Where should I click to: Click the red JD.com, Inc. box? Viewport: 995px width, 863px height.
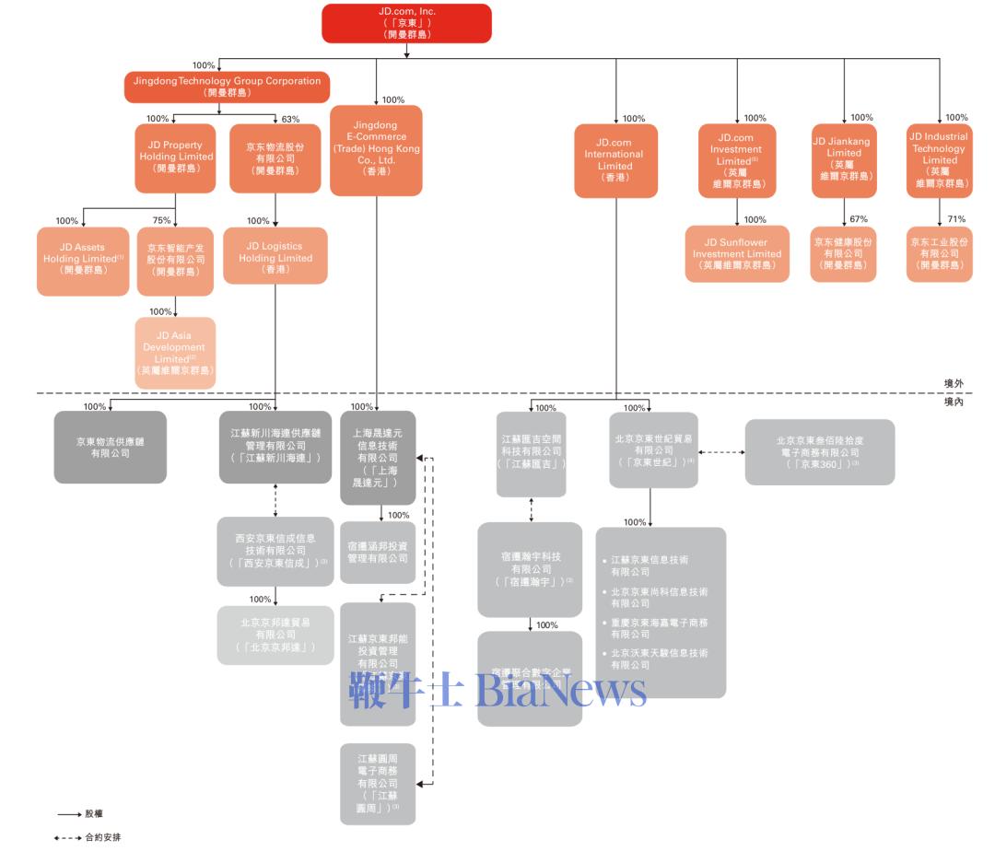click(x=406, y=23)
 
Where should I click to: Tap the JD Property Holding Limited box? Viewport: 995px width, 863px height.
click(x=175, y=158)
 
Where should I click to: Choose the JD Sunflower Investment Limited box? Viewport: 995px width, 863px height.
click(x=736, y=253)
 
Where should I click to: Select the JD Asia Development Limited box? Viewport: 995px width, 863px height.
click(x=174, y=353)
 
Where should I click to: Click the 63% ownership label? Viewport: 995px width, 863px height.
click(x=290, y=119)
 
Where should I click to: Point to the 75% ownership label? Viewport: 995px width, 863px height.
click(x=161, y=220)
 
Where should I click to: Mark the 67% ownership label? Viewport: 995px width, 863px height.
click(x=859, y=219)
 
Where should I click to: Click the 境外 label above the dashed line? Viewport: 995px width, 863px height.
click(x=954, y=383)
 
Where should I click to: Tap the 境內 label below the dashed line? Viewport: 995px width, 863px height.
click(x=954, y=402)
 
